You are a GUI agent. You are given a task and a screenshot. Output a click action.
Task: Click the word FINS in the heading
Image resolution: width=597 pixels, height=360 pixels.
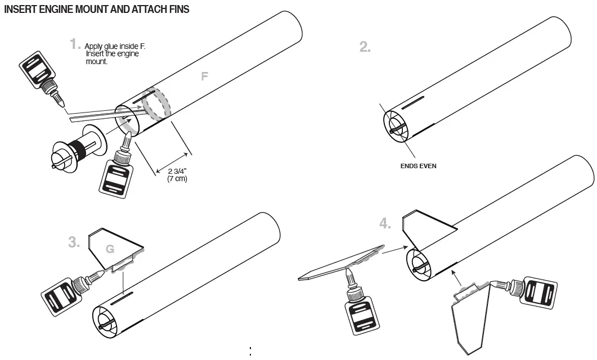point(176,10)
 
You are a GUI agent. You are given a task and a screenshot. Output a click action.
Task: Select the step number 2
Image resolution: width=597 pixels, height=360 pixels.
point(365,47)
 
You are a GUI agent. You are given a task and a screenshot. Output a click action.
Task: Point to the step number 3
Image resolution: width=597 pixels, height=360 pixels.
point(73,242)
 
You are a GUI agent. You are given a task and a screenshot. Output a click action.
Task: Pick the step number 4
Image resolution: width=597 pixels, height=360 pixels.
point(385,224)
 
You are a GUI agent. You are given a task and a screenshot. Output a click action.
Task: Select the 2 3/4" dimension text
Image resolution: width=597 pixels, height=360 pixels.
point(178,171)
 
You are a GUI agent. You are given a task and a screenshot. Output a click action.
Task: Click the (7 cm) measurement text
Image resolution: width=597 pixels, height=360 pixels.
point(177,179)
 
